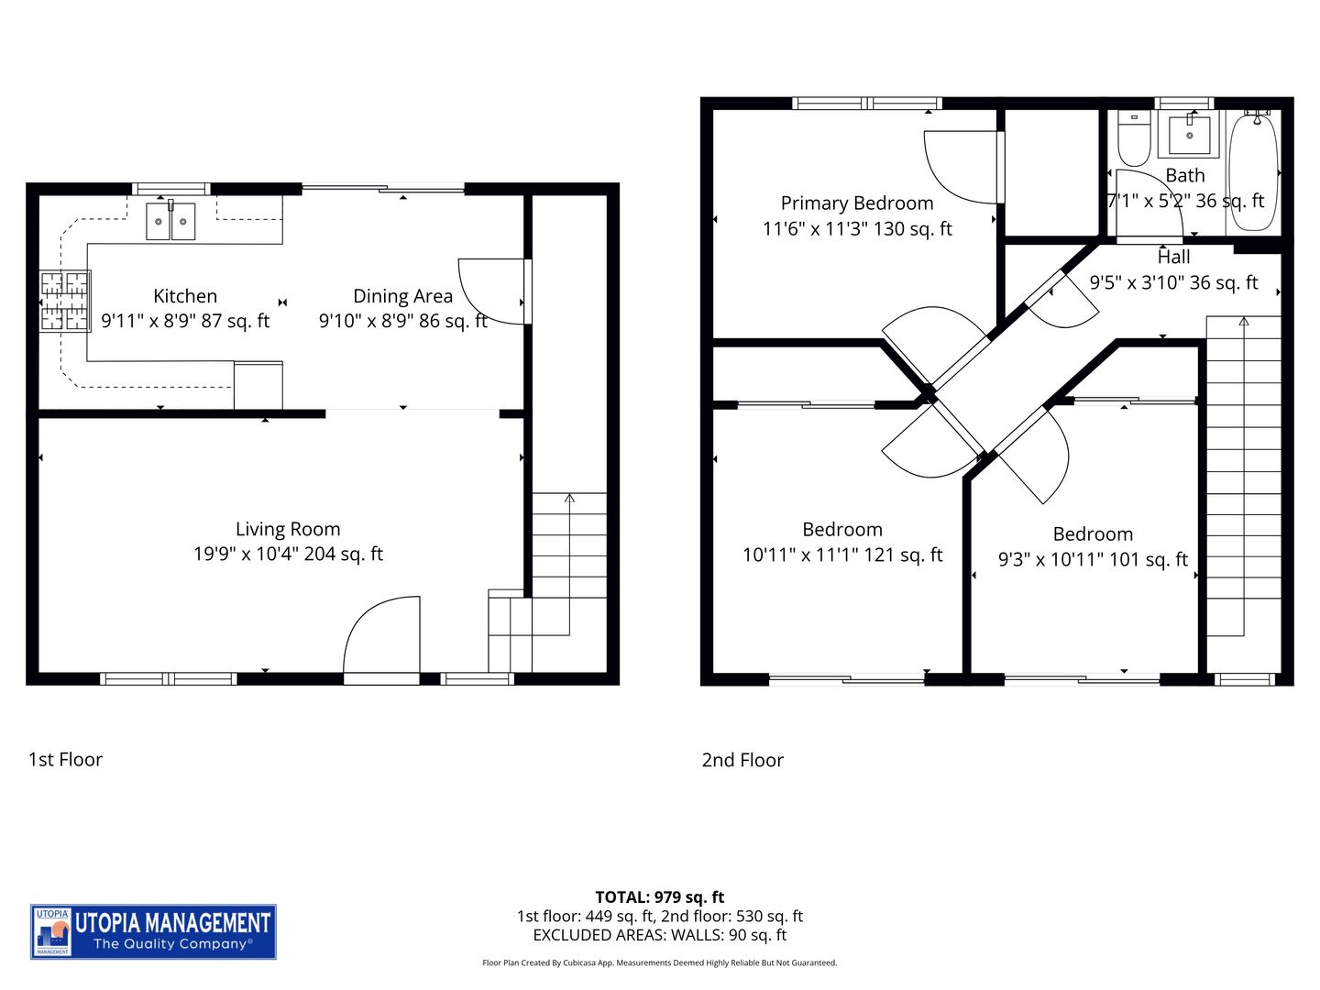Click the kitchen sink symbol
(170, 221)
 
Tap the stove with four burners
(64, 301)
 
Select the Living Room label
(288, 529)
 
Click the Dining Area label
(402, 296)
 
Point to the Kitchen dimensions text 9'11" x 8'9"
(185, 321)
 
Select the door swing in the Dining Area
(493, 291)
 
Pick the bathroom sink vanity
(1189, 136)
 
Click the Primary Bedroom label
(857, 203)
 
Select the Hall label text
(1173, 258)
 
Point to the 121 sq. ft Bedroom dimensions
(842, 555)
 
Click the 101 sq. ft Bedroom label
(1093, 534)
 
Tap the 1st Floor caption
(65, 759)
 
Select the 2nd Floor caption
(742, 760)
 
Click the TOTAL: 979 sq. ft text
(659, 897)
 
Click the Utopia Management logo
(153, 931)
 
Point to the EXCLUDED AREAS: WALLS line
(659, 935)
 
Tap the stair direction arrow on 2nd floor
(1243, 322)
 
